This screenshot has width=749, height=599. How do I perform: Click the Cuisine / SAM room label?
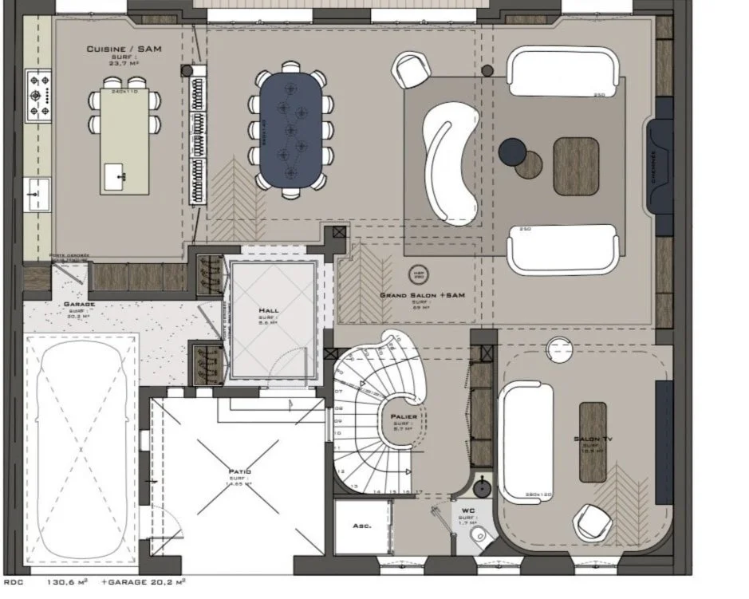coord(124,49)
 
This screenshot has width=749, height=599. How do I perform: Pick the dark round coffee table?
coord(512,152)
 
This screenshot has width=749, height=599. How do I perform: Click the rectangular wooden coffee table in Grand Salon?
coord(576,167)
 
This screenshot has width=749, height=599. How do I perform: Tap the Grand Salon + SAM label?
coord(422,295)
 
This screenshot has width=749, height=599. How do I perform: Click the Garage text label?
coord(79,304)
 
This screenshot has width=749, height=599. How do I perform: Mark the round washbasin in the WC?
coord(483,487)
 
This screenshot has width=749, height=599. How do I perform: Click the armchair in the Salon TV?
coord(593,522)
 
